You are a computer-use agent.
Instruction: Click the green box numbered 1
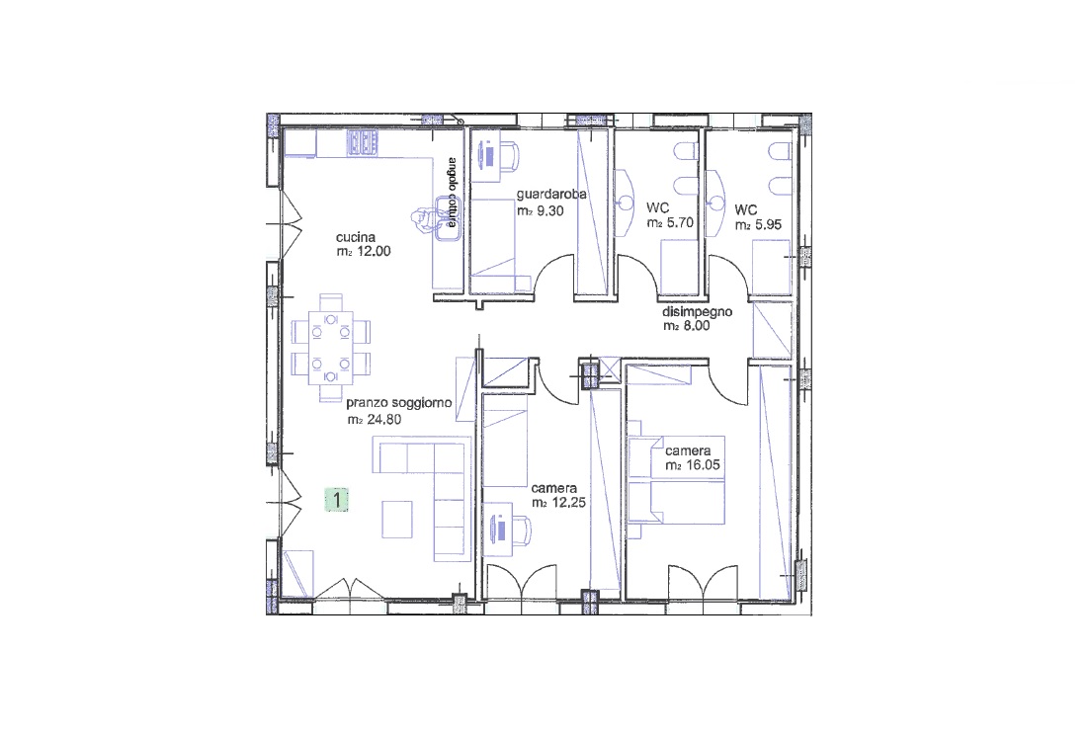[x=337, y=500]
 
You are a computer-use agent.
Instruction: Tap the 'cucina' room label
[x=355, y=237]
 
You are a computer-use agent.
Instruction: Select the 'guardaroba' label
[x=551, y=194]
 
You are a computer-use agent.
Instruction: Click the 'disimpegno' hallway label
[x=698, y=311]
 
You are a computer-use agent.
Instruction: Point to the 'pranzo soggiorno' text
[x=399, y=403]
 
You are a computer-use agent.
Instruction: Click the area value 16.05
[x=702, y=465]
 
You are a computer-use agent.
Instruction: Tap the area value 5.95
[x=768, y=225]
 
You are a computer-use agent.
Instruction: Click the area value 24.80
[x=383, y=420]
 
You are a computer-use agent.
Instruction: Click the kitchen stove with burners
[x=363, y=142]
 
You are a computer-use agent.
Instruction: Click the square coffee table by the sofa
[x=397, y=520]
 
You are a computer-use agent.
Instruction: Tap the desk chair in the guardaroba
[x=508, y=156]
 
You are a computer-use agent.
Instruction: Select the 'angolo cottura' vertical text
[x=453, y=192]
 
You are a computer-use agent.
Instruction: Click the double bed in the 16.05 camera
[x=676, y=479]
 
